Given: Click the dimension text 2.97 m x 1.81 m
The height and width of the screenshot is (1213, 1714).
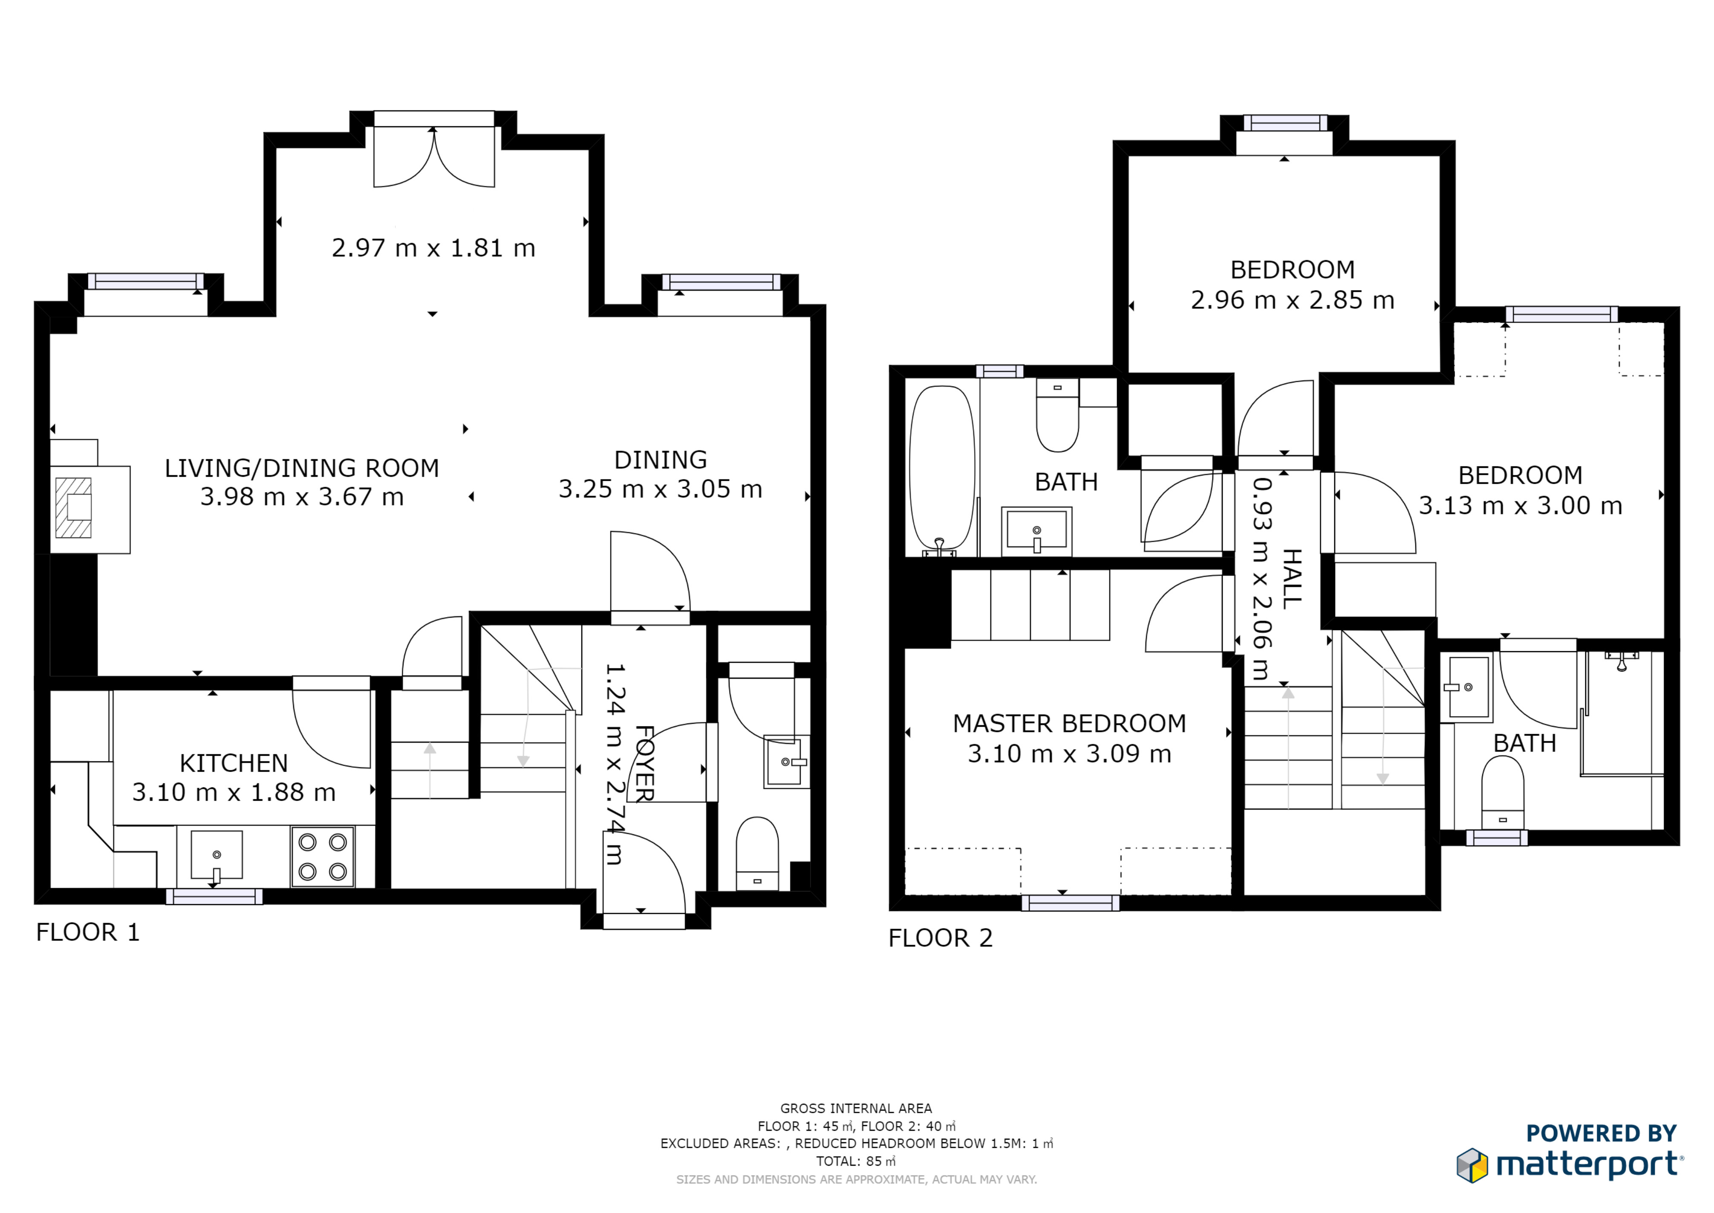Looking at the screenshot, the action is coord(434,248).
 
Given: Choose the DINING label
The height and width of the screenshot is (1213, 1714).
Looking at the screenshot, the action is coord(661,459).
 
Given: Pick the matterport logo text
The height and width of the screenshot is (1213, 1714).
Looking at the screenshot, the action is coord(1589,1164).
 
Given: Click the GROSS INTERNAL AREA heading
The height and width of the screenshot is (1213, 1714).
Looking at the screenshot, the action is coord(856,1109).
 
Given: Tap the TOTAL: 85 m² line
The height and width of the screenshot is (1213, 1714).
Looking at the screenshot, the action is coord(856,1161).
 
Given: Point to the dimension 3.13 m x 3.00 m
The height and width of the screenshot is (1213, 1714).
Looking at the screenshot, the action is coord(1521,506).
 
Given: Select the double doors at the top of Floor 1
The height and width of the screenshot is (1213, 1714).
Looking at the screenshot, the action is coord(434,157).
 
